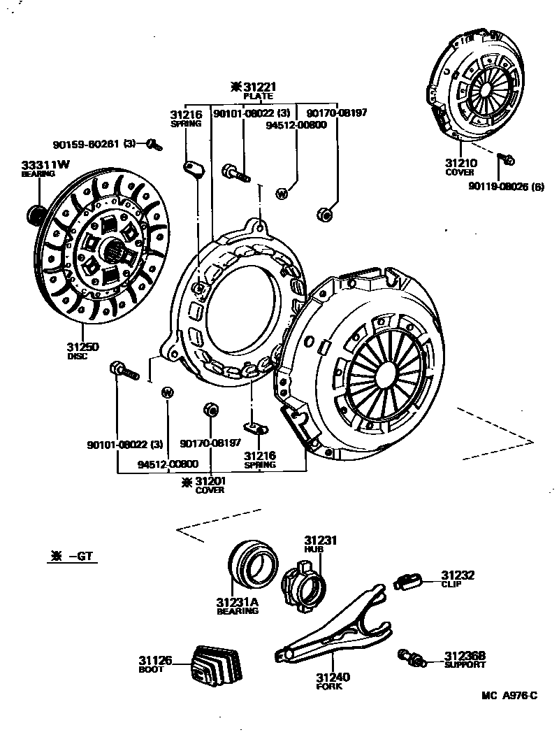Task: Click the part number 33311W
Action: pyautogui.click(x=45, y=164)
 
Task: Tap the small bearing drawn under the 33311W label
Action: pyautogui.click(x=34, y=211)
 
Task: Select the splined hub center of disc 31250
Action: pyautogui.click(x=114, y=249)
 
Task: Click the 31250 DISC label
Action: pyautogui.click(x=82, y=347)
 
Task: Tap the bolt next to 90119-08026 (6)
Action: pyautogui.click(x=508, y=160)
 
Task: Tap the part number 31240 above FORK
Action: pyautogui.click(x=333, y=677)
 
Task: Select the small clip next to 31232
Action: pyautogui.click(x=408, y=580)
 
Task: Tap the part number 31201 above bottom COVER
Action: pyautogui.click(x=215, y=481)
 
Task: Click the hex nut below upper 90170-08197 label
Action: pyautogui.click(x=324, y=214)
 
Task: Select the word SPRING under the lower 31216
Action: pyautogui.click(x=259, y=465)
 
